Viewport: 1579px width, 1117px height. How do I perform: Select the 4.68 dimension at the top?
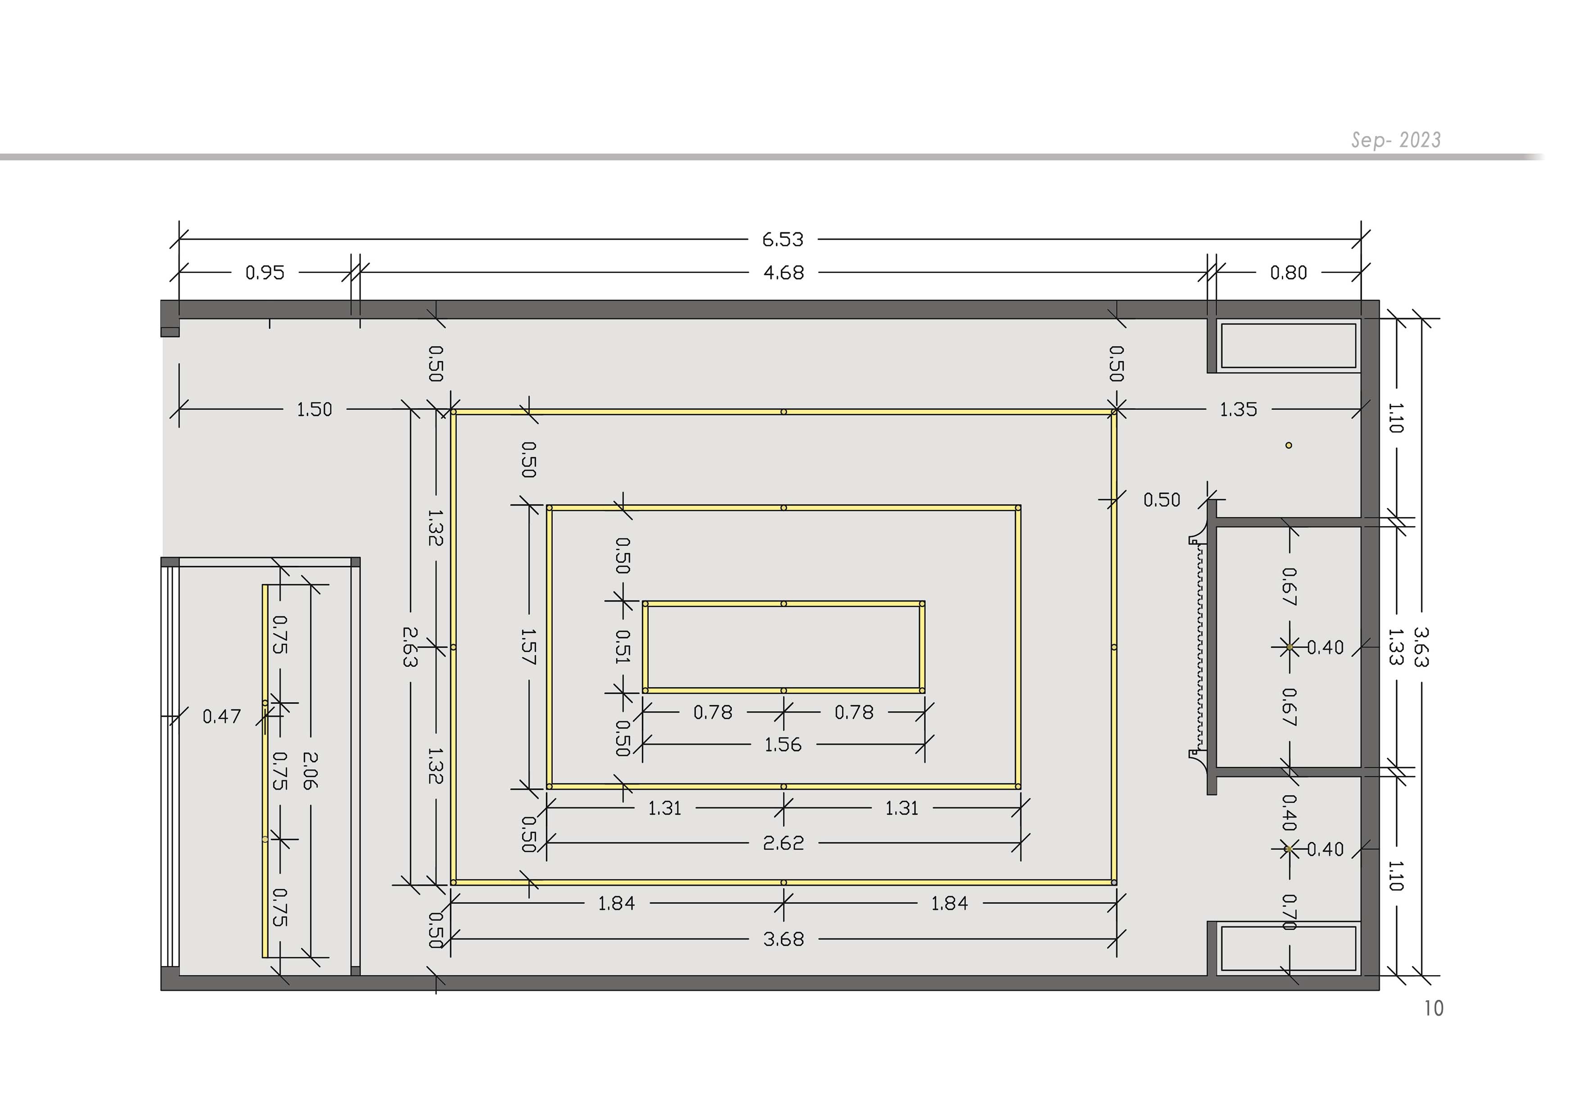click(x=783, y=273)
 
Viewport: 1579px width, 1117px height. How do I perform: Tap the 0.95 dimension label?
click(x=265, y=273)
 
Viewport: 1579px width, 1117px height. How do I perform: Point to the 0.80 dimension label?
click(x=1288, y=273)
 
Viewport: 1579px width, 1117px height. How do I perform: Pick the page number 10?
click(x=1433, y=1008)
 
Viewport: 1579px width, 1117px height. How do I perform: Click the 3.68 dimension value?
click(x=783, y=940)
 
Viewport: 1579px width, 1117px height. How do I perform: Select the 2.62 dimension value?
click(x=783, y=843)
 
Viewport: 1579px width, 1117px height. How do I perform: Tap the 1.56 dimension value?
click(x=783, y=745)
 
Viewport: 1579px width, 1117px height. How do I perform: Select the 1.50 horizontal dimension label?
click(x=314, y=410)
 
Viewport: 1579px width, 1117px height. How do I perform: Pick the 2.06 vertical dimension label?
click(x=310, y=770)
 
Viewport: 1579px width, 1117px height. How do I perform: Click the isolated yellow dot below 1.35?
click(x=1288, y=445)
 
